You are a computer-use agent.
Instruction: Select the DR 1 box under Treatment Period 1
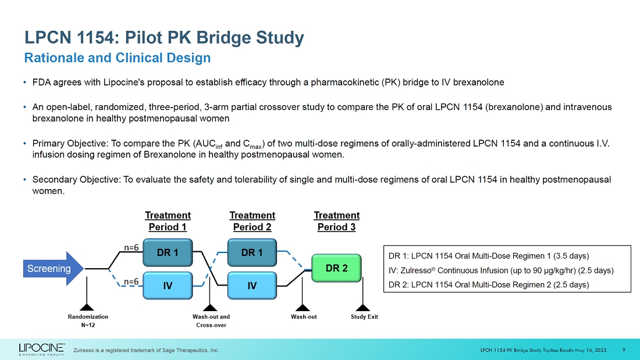coord(168,252)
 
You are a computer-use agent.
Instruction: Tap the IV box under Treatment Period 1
coord(168,286)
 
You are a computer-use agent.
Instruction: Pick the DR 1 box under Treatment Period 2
coord(252,252)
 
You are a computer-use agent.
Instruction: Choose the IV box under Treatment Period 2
coord(252,286)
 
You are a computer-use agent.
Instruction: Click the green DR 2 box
coord(336,268)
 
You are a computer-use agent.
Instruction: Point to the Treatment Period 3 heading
coord(336,221)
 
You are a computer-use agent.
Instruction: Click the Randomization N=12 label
coord(88,321)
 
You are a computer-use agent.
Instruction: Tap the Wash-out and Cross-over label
coord(211,321)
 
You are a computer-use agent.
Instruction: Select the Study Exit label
coord(364,317)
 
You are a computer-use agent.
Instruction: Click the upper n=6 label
coord(131,247)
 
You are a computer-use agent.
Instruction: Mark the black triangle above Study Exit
coord(363,307)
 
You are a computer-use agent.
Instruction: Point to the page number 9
coord(624,350)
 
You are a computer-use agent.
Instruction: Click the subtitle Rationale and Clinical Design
coord(117,58)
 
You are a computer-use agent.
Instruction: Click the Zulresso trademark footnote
coord(146,350)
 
